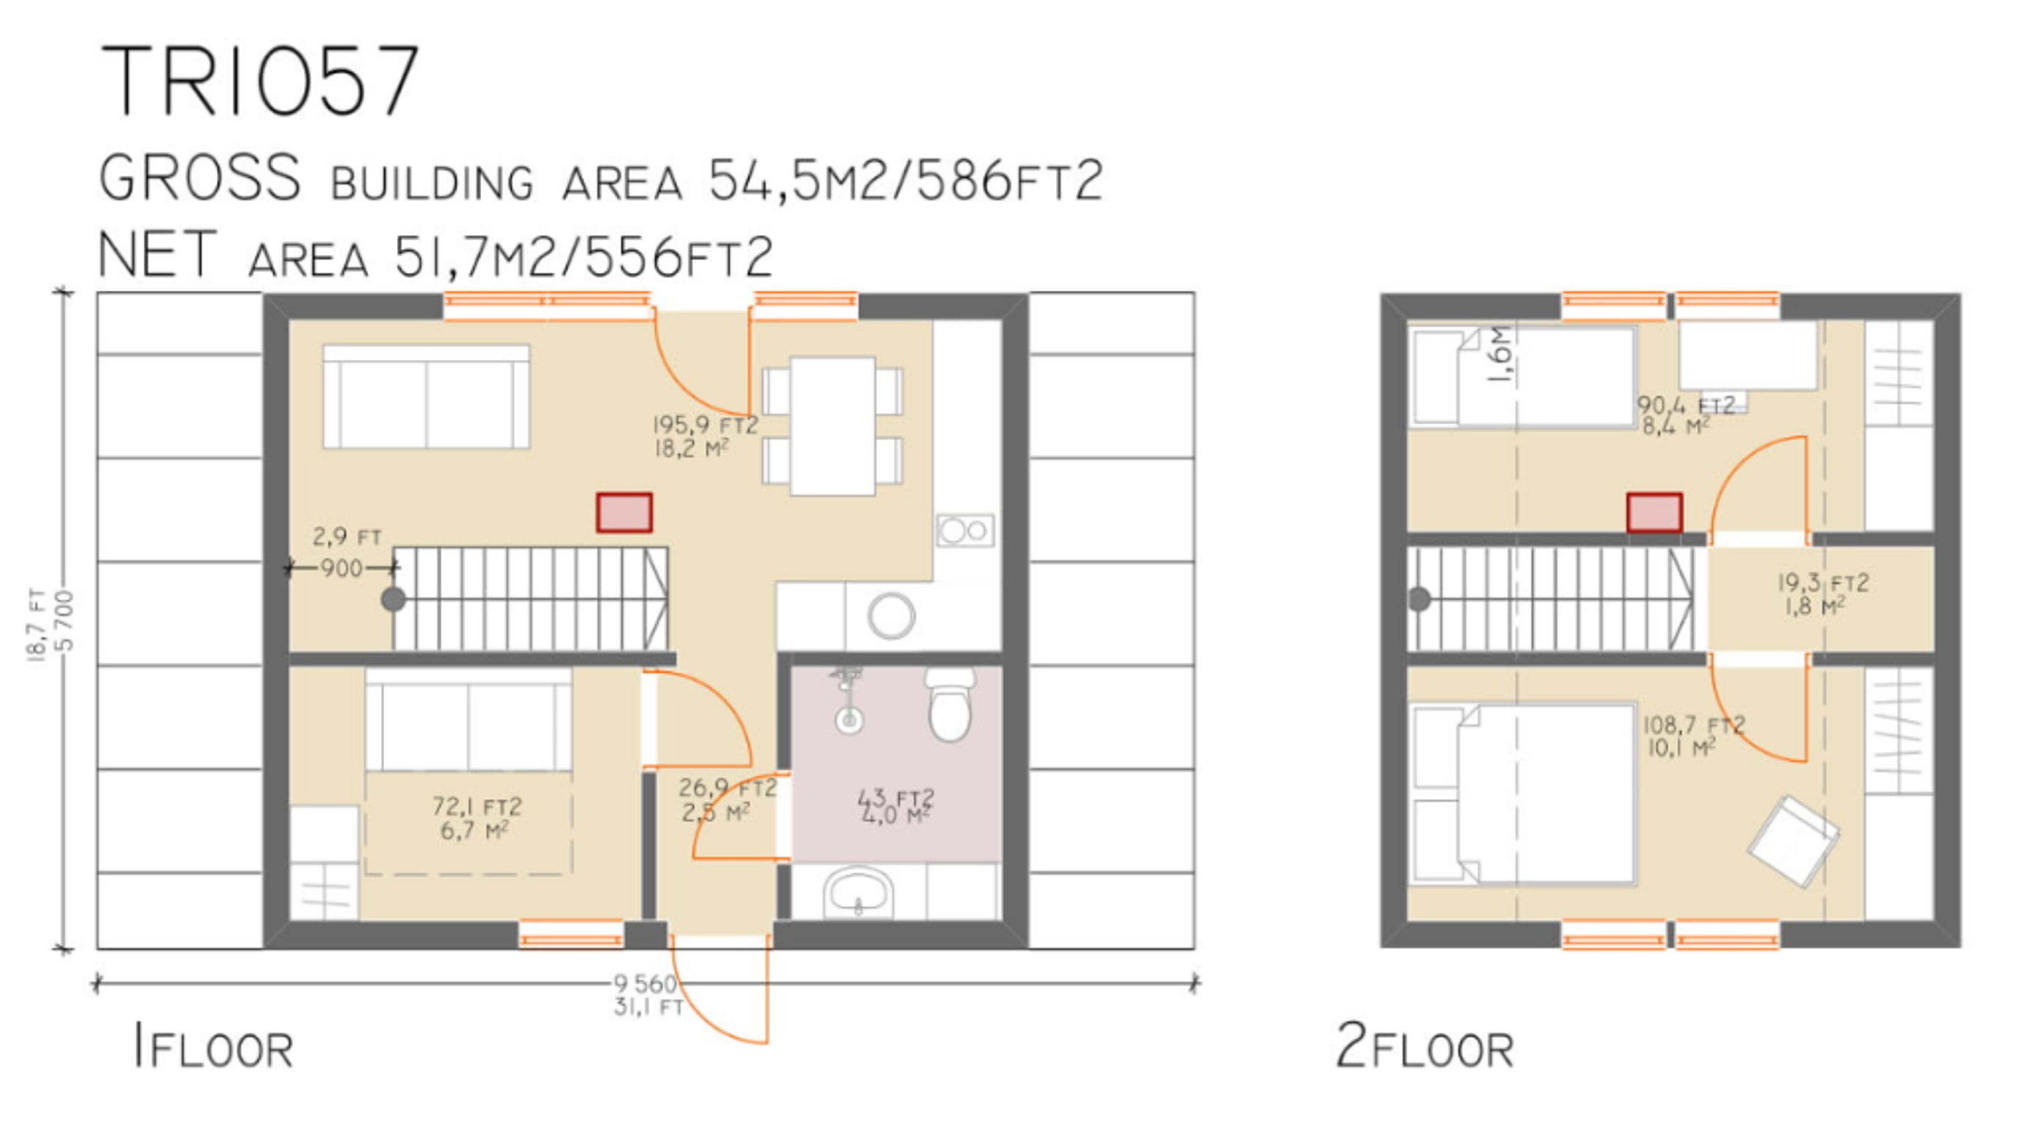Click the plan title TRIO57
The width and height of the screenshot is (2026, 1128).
tap(260, 81)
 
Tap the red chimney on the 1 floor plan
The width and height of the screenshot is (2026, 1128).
tap(624, 513)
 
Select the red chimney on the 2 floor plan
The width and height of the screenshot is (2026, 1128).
tap(1654, 513)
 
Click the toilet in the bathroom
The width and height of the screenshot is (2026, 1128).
tap(949, 705)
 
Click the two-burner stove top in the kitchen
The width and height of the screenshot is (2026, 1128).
tap(965, 531)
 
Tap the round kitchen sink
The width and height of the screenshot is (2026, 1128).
tap(891, 615)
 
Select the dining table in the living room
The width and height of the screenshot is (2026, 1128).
tap(832, 426)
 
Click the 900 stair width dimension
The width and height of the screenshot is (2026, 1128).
tap(342, 567)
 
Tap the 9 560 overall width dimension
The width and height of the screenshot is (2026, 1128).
tap(645, 983)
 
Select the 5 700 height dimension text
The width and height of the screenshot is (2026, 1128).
tap(66, 622)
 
